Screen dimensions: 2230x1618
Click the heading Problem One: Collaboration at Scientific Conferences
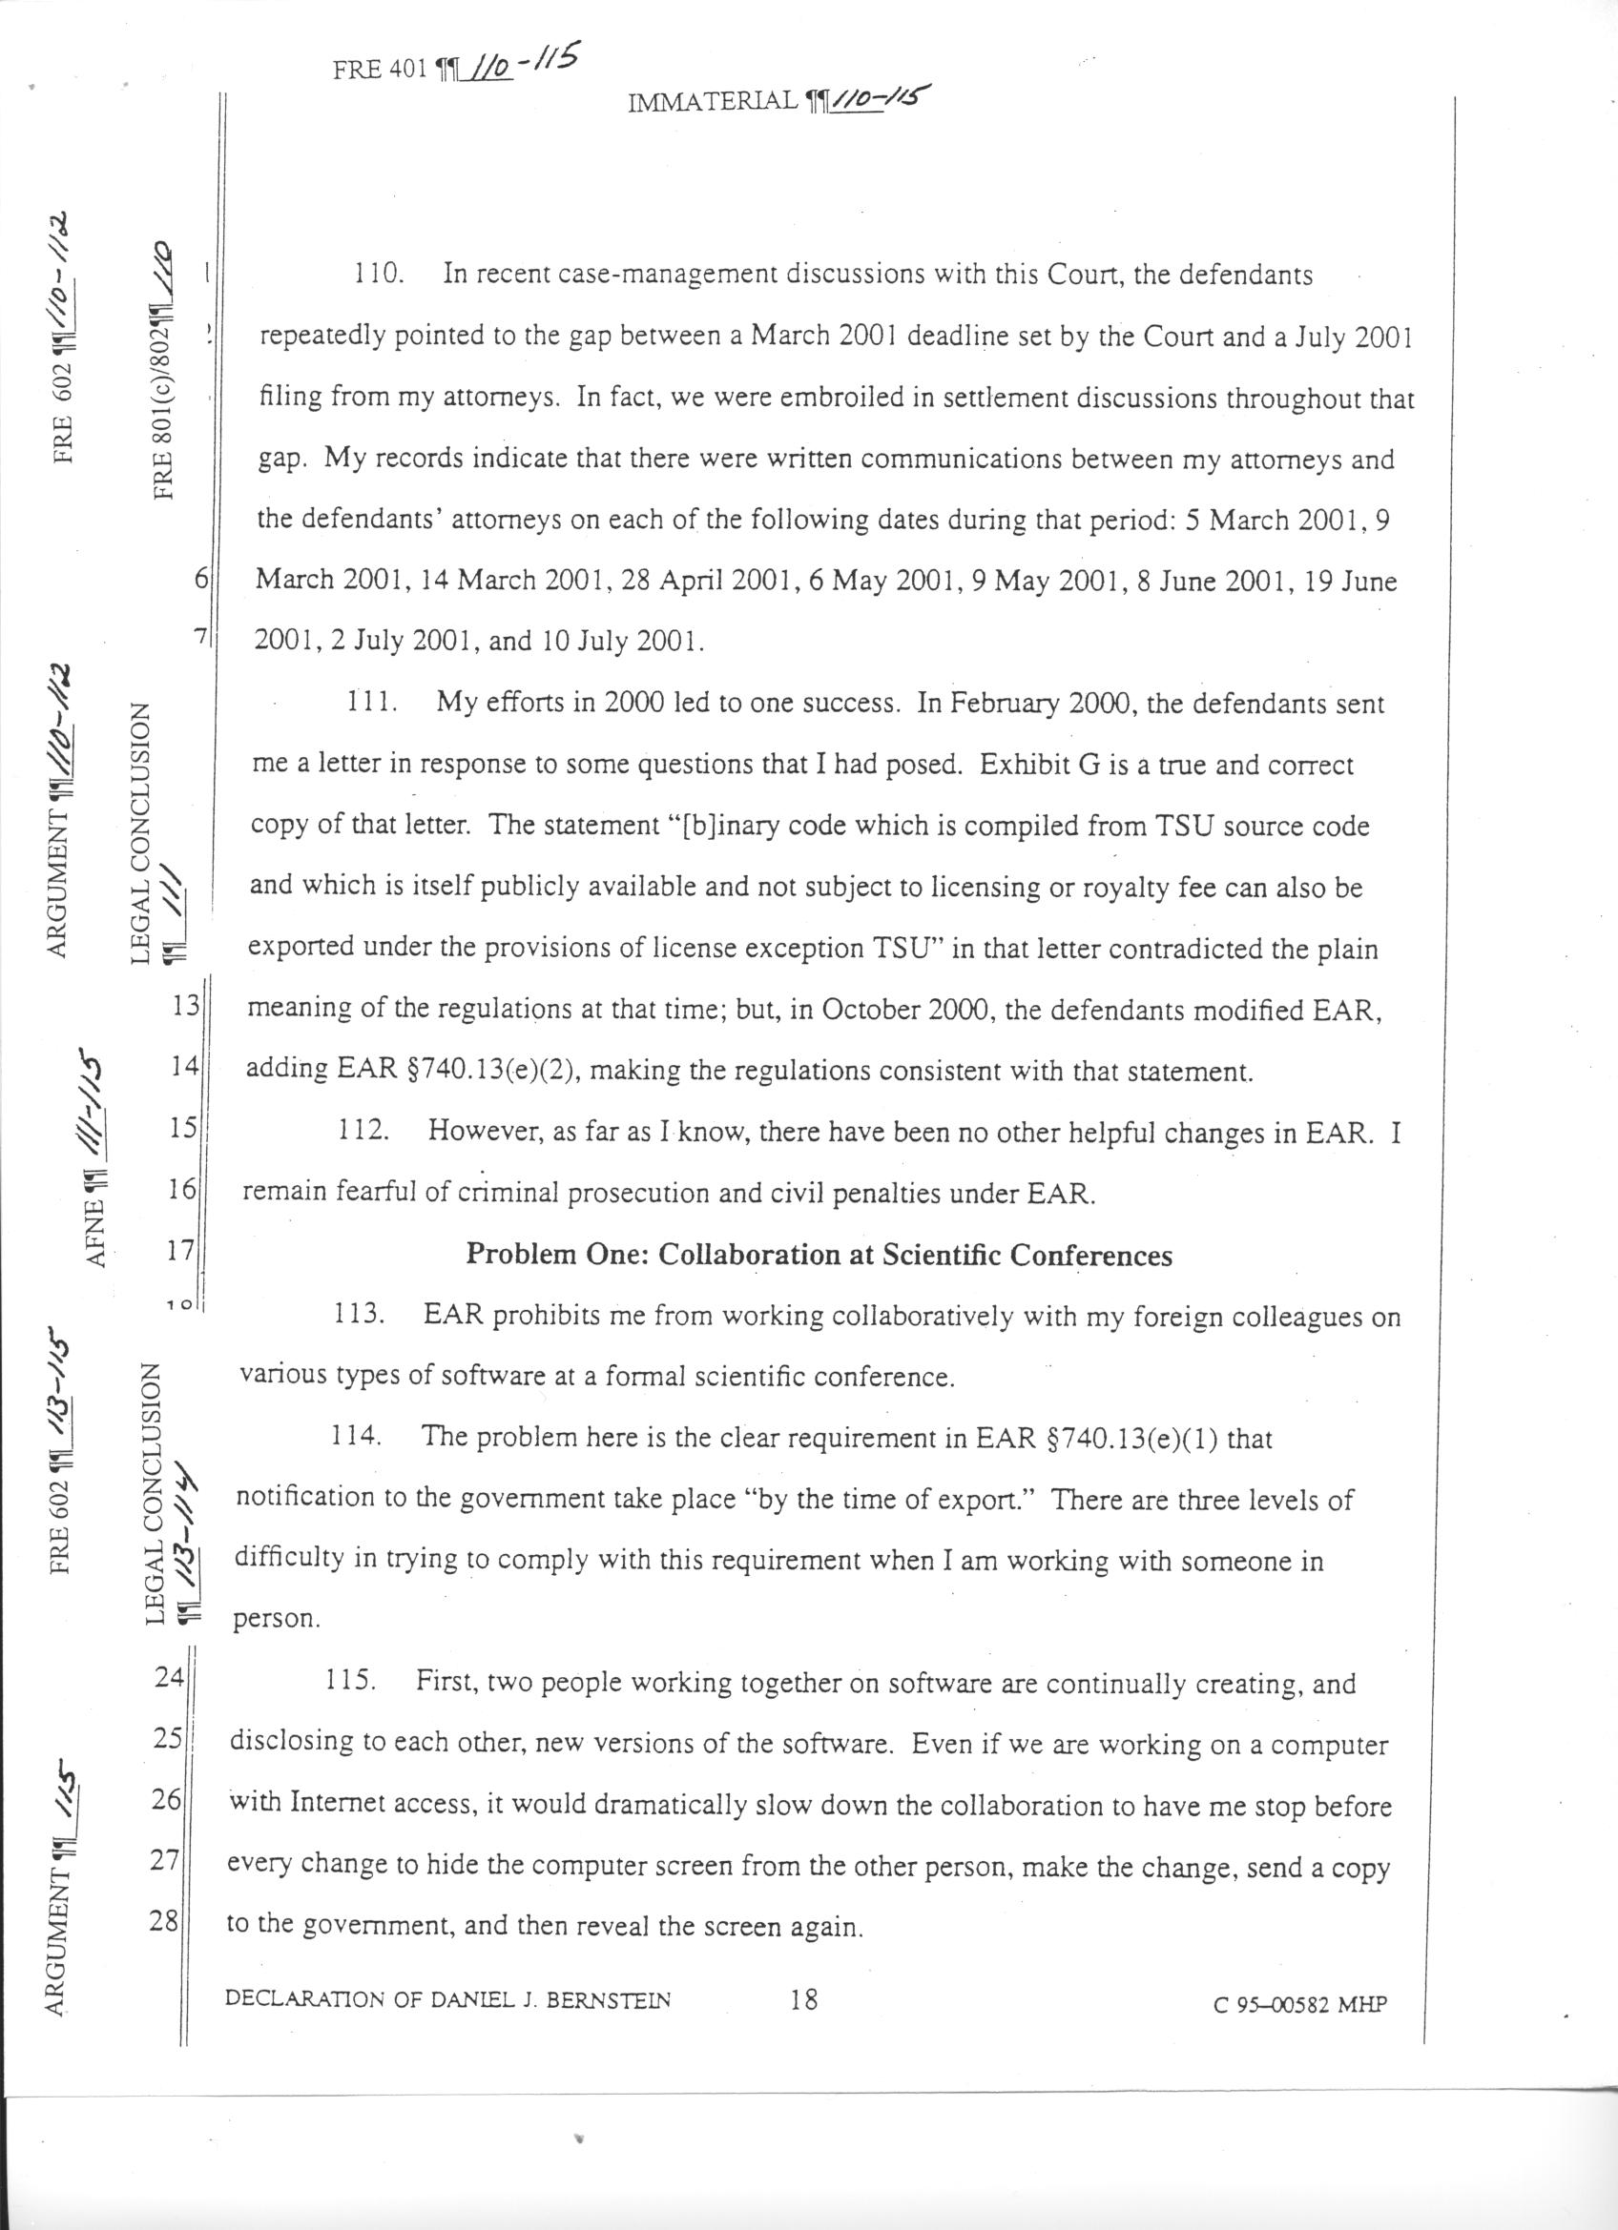(819, 1256)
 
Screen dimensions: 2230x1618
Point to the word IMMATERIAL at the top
(712, 100)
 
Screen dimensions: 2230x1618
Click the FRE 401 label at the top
(380, 70)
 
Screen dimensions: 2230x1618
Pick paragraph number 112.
(363, 1131)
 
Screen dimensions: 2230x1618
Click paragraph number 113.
(359, 1316)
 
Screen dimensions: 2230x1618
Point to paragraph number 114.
(355, 1438)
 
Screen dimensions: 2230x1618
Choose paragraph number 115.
(350, 1682)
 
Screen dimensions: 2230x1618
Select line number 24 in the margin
(169, 1676)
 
